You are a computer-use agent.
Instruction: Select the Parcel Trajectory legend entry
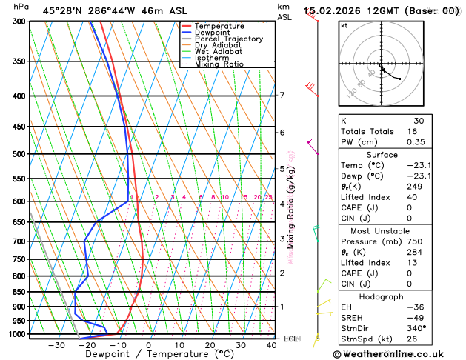tap(228, 39)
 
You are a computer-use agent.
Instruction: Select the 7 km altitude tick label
tap(282, 95)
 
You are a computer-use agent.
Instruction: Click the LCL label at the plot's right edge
tap(291, 339)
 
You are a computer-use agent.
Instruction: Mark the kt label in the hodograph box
tap(344, 25)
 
